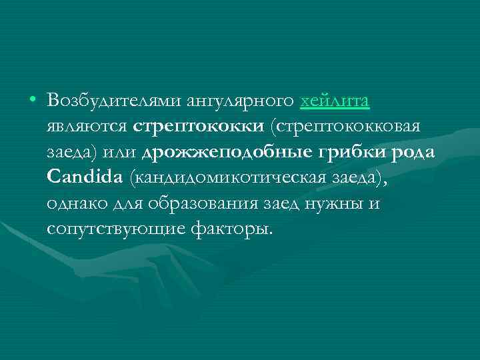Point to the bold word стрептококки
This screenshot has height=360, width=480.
pyautogui.click(x=190, y=127)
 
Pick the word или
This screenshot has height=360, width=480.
pyautogui.click(x=123, y=152)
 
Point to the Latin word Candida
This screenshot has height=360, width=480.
pyautogui.click(x=85, y=177)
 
